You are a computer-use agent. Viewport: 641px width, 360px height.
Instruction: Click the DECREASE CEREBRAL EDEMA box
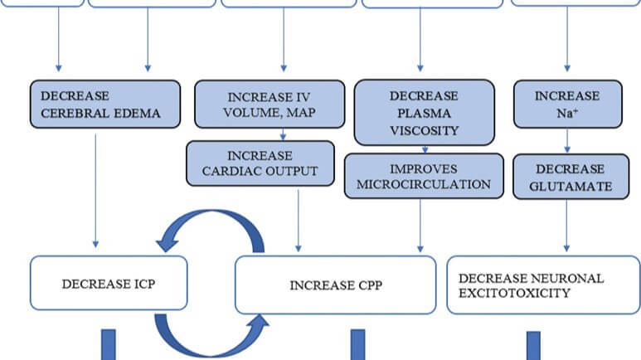click(x=105, y=104)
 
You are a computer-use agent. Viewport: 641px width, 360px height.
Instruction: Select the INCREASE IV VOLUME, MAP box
click(x=270, y=104)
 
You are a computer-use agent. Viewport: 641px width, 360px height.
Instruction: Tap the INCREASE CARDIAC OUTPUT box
click(x=260, y=163)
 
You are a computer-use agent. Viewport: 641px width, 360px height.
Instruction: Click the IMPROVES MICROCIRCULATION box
click(x=424, y=176)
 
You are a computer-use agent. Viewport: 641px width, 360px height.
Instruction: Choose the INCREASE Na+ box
click(x=567, y=104)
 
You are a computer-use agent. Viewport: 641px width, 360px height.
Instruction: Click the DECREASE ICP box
click(x=109, y=285)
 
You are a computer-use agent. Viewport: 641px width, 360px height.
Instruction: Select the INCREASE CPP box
click(x=335, y=285)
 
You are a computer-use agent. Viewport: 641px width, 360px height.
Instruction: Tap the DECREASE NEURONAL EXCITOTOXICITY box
click(x=543, y=285)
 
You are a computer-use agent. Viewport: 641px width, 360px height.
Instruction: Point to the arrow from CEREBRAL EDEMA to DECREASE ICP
click(x=95, y=191)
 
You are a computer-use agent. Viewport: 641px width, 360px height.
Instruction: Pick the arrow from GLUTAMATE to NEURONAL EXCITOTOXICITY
click(x=567, y=225)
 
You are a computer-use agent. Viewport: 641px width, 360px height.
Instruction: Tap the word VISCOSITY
click(x=424, y=131)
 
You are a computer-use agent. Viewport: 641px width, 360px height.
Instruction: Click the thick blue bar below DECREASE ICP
click(x=109, y=344)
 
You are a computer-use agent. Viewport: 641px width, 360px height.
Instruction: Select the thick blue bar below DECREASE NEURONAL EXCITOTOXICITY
click(x=533, y=345)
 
